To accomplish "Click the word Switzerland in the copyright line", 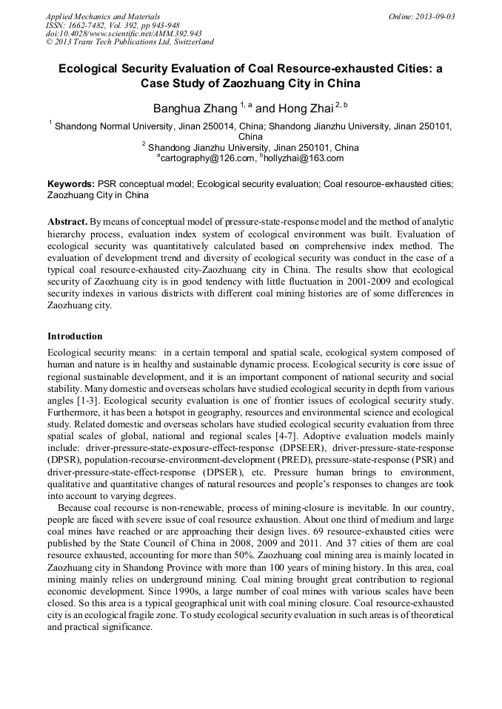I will (x=191, y=42).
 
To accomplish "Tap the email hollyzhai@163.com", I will (x=304, y=158).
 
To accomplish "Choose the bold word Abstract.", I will (x=67, y=222).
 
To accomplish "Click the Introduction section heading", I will (x=75, y=336).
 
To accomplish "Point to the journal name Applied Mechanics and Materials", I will (x=103, y=16).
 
